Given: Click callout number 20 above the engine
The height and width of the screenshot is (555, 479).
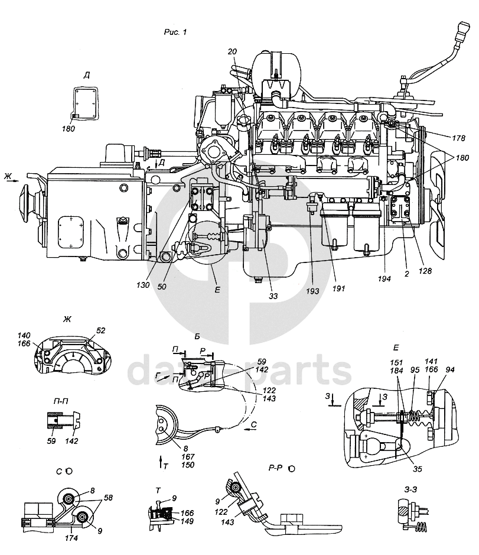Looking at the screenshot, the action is click(232, 51).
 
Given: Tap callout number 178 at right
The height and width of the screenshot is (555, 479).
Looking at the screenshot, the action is click(458, 138).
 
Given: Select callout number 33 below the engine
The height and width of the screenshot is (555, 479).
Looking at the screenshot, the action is click(273, 296).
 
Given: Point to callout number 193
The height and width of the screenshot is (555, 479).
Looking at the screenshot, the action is click(312, 291).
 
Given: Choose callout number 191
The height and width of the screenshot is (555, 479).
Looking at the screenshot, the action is click(338, 288).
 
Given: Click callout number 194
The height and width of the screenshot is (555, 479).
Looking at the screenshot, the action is click(384, 279).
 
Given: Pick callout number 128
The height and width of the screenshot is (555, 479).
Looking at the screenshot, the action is click(425, 271).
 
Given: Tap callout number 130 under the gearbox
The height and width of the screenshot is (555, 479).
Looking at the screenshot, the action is click(143, 284).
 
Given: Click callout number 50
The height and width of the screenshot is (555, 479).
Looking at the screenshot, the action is click(162, 286).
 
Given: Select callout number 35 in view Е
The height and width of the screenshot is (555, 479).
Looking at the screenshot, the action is click(418, 469).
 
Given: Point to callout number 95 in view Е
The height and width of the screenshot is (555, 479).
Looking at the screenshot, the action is click(415, 370).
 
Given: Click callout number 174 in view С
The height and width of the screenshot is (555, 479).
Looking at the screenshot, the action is click(71, 538).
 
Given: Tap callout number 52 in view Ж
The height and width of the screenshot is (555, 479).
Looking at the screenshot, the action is click(100, 330).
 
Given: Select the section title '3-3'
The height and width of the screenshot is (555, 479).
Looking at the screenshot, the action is click(410, 489).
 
